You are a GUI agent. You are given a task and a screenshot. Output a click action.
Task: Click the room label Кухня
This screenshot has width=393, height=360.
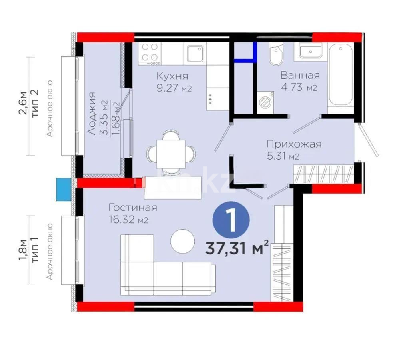(172, 76)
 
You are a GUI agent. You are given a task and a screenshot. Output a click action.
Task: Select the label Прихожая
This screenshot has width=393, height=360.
(294, 144)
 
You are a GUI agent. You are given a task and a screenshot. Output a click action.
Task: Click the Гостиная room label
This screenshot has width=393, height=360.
(132, 208)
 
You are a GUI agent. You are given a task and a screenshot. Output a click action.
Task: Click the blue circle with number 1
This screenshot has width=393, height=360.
(231, 220)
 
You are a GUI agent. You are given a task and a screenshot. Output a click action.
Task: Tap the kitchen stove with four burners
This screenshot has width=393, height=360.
(150, 53)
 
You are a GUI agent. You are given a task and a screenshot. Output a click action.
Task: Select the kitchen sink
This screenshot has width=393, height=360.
(195, 54)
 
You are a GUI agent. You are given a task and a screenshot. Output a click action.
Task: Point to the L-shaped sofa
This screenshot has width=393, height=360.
(160, 272)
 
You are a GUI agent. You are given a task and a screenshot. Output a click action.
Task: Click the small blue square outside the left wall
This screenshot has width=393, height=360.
(63, 189)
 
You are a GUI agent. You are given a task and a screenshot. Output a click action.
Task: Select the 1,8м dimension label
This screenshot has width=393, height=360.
(24, 249)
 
